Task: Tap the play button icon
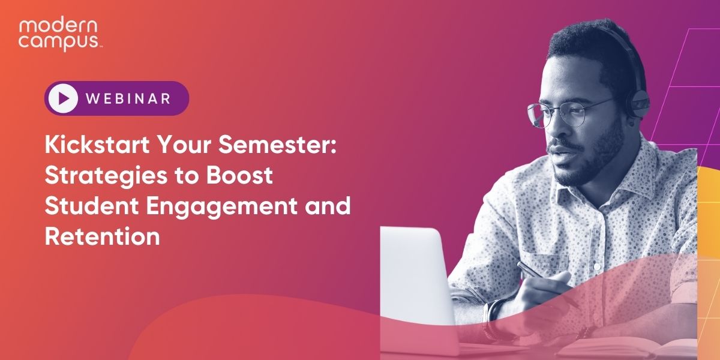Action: pyautogui.click(x=64, y=98)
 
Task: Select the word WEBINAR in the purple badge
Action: pyautogui.click(x=128, y=98)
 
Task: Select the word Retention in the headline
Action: pyautogui.click(x=102, y=236)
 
